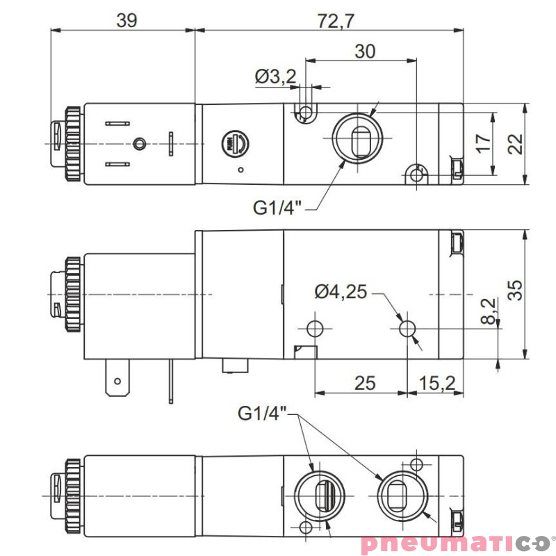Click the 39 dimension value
[126, 20]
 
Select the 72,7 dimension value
[336, 20]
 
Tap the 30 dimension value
[364, 51]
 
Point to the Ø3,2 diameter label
[276, 76]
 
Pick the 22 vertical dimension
[515, 143]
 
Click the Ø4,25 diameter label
[340, 292]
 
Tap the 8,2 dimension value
[489, 311]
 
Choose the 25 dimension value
[364, 382]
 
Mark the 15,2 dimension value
[438, 382]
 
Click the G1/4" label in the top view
[277, 206]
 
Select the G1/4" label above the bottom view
[262, 414]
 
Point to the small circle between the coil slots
[140, 144]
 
